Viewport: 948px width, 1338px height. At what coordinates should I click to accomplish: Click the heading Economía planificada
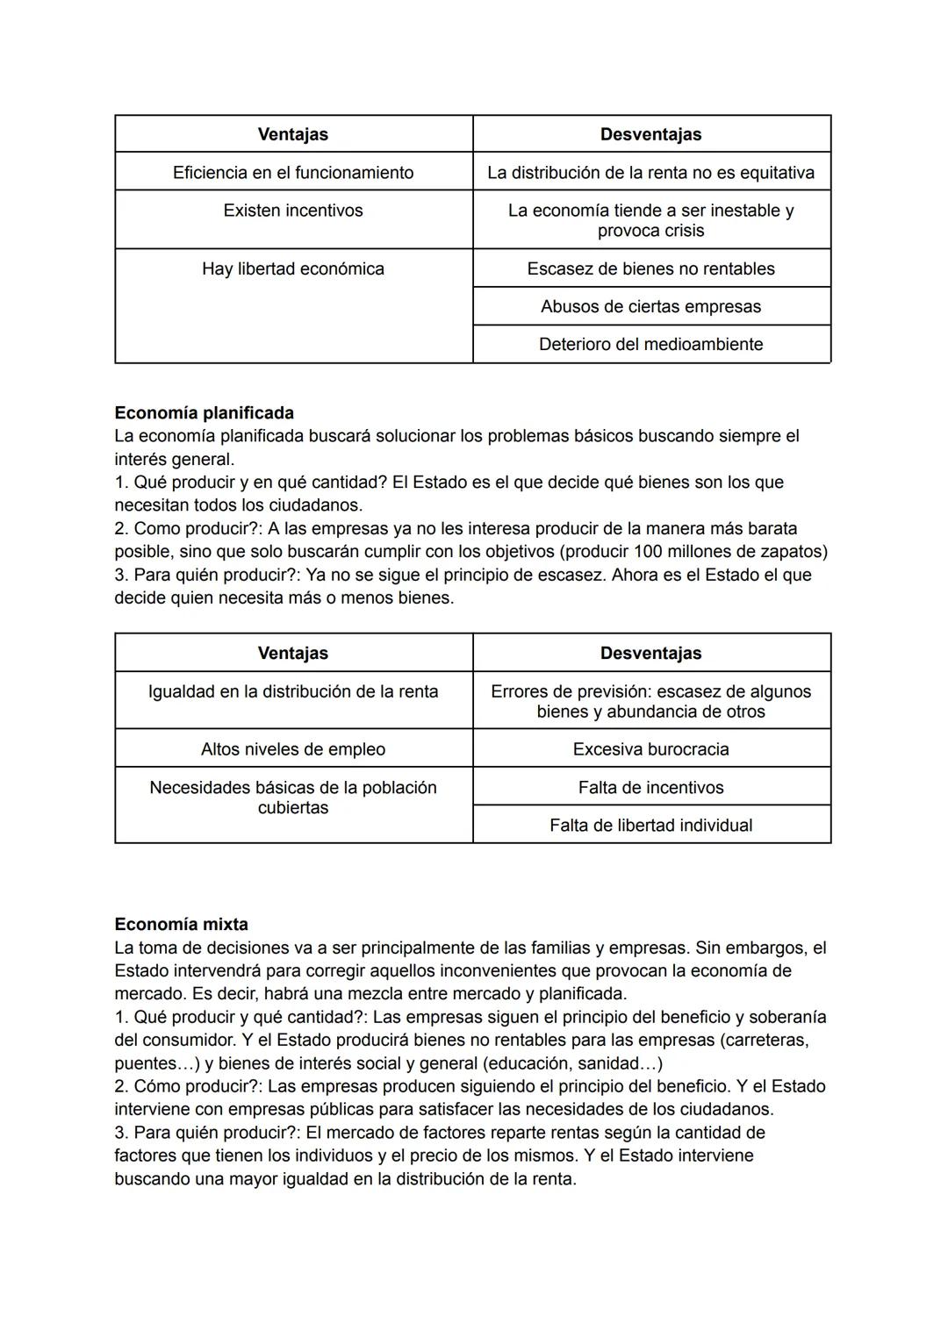click(x=204, y=412)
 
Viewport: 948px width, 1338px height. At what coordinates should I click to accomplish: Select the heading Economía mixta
click(x=181, y=924)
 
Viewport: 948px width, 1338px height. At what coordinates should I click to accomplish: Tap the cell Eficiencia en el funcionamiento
click(x=293, y=172)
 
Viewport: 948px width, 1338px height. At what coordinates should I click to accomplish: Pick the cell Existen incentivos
click(x=293, y=211)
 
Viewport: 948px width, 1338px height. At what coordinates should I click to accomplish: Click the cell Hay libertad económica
click(x=293, y=268)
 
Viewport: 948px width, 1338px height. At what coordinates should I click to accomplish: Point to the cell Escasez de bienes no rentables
click(x=650, y=268)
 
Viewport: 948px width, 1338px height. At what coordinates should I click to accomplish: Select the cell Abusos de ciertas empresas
click(x=650, y=306)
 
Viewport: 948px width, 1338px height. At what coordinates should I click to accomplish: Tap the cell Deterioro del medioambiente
click(x=650, y=344)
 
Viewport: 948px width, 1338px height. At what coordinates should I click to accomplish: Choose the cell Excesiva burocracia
click(x=650, y=749)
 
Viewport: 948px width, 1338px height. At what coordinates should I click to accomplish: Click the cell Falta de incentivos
click(x=650, y=787)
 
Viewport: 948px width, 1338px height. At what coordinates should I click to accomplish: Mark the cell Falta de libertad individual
click(x=650, y=825)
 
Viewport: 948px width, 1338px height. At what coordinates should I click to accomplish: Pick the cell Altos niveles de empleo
click(x=293, y=749)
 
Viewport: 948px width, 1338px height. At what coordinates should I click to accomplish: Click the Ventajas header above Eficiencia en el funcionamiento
click(x=293, y=134)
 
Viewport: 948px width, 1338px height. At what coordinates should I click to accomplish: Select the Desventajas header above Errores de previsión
click(x=650, y=653)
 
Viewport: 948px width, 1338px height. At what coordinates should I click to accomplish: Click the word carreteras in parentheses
click(x=763, y=1040)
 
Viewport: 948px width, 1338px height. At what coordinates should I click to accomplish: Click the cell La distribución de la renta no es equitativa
click(x=650, y=172)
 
